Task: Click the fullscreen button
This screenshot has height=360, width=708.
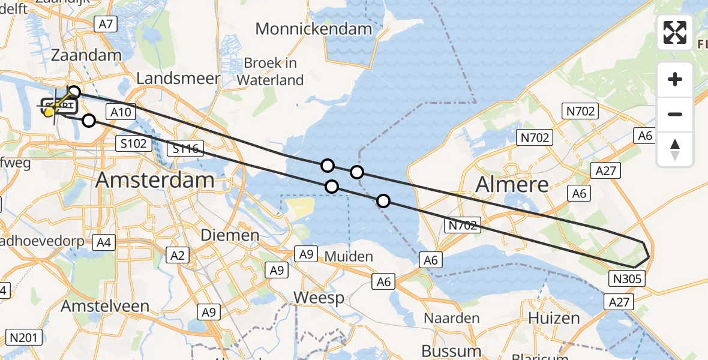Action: [675, 32]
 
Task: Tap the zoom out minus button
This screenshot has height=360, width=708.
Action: [675, 114]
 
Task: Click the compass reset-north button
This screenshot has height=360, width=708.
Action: [675, 149]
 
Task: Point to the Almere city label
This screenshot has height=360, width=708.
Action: [512, 184]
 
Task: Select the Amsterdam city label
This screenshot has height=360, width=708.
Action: [155, 180]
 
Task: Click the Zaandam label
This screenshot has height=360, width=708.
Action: [87, 55]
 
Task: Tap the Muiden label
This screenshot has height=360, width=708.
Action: [349, 256]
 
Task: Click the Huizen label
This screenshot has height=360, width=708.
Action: [554, 318]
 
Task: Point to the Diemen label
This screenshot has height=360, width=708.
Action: [230, 235]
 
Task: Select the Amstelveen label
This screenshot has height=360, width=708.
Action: [105, 306]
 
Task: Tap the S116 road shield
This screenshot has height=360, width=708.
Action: [186, 148]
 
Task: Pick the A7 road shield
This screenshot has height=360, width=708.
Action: [105, 24]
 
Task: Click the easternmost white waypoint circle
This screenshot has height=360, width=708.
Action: [383, 201]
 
